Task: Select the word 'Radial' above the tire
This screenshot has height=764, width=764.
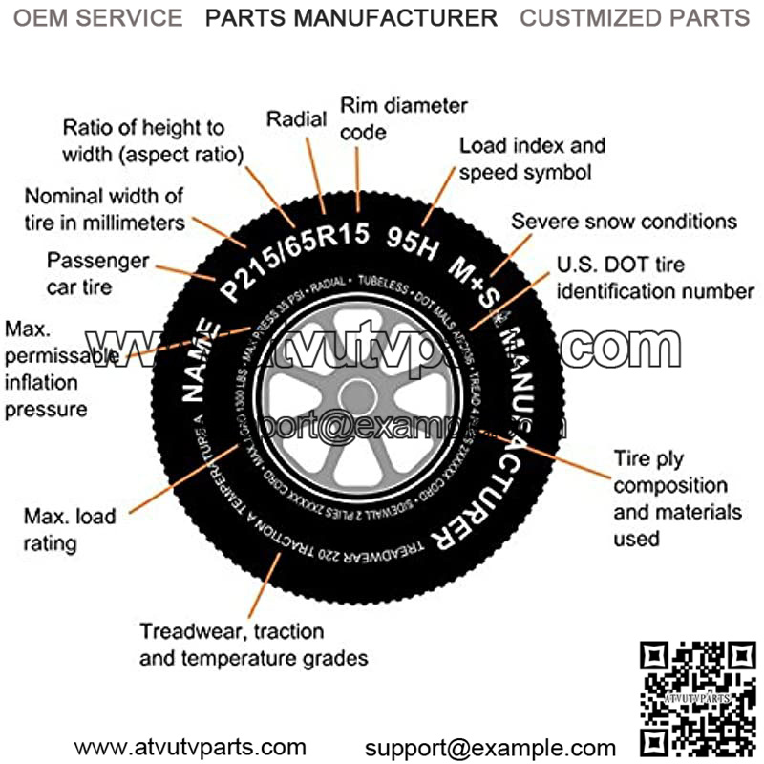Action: (x=296, y=119)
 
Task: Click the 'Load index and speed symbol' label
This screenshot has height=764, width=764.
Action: (x=532, y=159)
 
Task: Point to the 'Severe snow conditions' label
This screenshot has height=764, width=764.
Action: (x=624, y=222)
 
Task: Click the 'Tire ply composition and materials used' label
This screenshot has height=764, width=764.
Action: (x=677, y=498)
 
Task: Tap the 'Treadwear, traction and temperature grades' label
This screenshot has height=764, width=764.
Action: (x=253, y=645)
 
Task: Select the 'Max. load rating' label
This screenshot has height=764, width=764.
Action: (x=70, y=530)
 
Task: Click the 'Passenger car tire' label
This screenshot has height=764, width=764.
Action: (x=98, y=272)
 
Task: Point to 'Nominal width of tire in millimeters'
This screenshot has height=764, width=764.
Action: (x=104, y=209)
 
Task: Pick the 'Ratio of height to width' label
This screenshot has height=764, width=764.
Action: (x=153, y=140)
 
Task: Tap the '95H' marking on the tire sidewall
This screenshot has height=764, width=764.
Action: (x=413, y=244)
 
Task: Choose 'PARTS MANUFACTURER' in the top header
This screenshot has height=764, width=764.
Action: (x=351, y=17)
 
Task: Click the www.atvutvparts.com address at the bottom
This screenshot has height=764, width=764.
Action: (x=191, y=747)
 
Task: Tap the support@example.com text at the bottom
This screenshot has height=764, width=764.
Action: (x=490, y=747)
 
